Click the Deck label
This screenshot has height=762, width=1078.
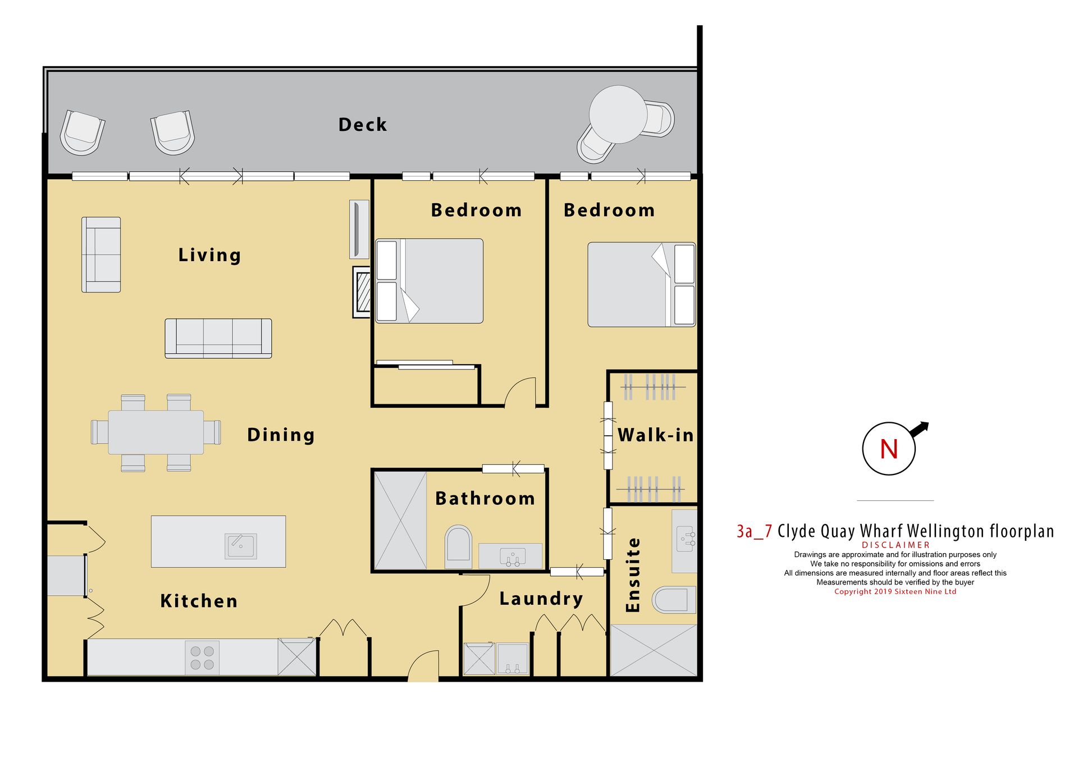coord(363,125)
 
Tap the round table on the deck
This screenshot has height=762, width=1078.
coord(618,115)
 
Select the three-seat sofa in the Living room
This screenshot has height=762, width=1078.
coord(218,339)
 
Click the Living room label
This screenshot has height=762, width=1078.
coord(209,255)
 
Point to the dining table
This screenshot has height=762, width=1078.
coord(156,432)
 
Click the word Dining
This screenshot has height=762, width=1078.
coord(281,435)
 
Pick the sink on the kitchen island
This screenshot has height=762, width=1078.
coord(241,546)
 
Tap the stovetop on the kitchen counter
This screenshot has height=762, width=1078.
coord(202,658)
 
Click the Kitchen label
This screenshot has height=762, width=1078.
coord(199,601)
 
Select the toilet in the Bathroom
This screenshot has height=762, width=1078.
coord(458,546)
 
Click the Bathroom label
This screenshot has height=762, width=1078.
coord(485,499)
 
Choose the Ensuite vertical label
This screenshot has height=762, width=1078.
coord(633,574)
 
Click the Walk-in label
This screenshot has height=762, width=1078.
coord(656,435)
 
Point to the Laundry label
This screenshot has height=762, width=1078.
coord(541,599)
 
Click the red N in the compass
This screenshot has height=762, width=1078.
coord(889,449)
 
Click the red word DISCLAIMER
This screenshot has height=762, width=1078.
coord(896,545)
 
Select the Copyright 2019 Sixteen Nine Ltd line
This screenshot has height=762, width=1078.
coord(895,592)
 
